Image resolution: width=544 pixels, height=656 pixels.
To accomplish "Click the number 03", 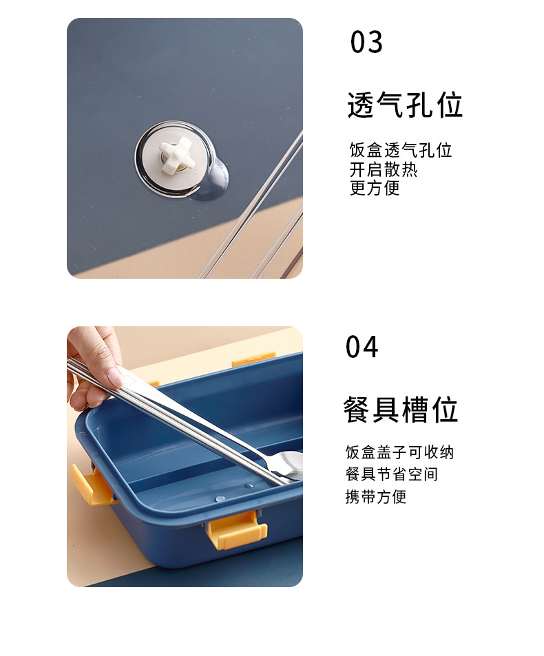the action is click(x=366, y=42).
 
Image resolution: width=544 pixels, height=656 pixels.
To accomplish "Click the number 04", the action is click(x=362, y=347).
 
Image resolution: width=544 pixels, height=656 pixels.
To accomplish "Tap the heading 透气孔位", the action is click(x=405, y=105).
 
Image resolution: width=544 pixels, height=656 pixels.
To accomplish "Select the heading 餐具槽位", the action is click(x=401, y=410).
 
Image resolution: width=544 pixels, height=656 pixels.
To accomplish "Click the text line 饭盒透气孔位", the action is click(x=401, y=150).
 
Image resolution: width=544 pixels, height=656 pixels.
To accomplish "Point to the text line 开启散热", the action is click(x=384, y=169).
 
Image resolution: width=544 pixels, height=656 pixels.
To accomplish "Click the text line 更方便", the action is click(x=375, y=188).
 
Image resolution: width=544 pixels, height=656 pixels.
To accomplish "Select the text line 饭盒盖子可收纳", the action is click(x=399, y=452).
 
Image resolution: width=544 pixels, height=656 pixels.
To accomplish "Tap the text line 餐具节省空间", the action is click(x=392, y=474).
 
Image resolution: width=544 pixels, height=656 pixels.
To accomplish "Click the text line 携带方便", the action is click(x=376, y=497).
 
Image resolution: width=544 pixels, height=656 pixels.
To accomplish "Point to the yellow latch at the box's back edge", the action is click(x=253, y=359).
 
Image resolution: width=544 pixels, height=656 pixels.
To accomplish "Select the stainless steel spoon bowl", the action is click(x=289, y=465).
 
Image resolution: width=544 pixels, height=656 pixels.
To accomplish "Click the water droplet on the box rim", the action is click(x=220, y=498).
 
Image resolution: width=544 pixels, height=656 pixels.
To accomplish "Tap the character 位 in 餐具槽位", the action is click(x=446, y=410).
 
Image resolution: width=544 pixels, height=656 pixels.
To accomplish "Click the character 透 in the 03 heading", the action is click(x=361, y=105).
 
